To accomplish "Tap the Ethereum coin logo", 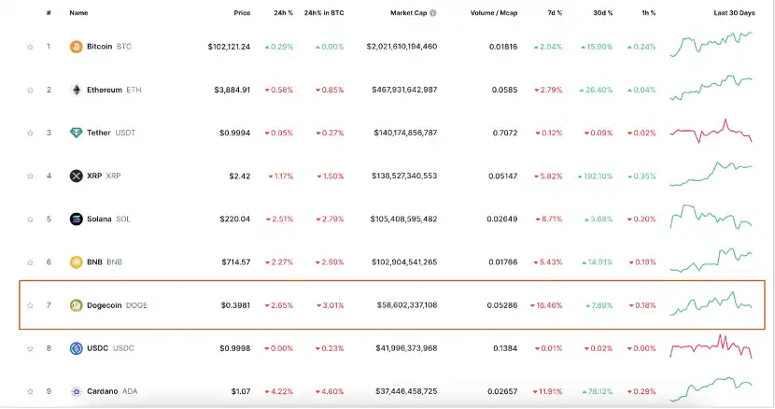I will (77, 90).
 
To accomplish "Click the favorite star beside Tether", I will (30, 133).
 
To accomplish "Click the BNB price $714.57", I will (233, 262).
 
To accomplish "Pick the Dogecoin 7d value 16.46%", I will (545, 305).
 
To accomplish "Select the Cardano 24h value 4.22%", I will (279, 391).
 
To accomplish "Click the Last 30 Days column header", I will (734, 13).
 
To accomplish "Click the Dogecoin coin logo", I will (77, 305).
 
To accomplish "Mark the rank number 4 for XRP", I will (49, 176).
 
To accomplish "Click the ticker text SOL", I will (123, 219).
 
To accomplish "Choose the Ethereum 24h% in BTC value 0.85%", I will (331, 90).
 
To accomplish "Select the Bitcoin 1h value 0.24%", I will (642, 46).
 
